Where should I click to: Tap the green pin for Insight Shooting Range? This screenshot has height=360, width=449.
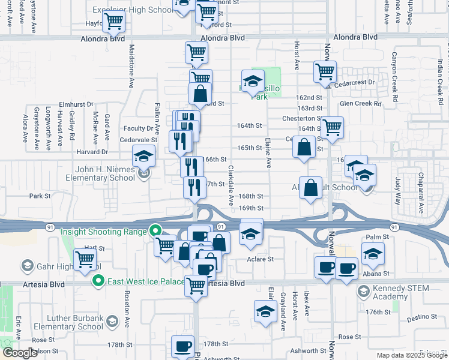tap(155, 230)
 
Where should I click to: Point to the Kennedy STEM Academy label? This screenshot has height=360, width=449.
tap(400, 293)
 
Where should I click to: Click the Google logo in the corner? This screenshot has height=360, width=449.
tap(20, 353)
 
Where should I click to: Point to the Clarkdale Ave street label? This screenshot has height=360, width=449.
tap(231, 191)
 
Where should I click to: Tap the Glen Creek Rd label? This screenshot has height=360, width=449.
tap(360, 103)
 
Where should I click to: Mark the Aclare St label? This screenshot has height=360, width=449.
tap(261, 259)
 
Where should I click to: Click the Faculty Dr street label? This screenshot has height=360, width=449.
tap(139, 128)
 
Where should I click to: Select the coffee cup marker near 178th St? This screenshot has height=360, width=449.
tap(183, 347)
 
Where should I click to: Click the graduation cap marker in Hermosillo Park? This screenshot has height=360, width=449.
tap(253, 80)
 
